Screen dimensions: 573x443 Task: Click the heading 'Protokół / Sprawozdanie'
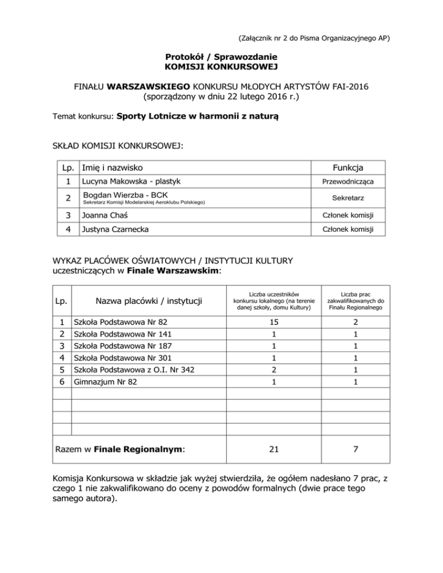pos(221,56)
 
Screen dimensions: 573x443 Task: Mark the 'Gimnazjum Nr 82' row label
pos(104,382)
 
